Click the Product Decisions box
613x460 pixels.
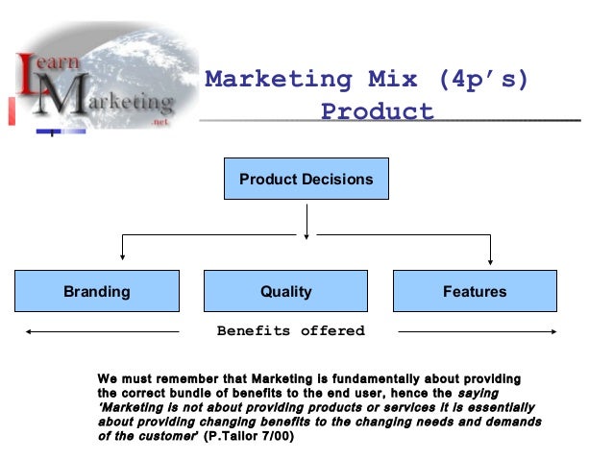click(306, 180)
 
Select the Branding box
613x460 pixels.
click(96, 291)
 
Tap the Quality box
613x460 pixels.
click(286, 291)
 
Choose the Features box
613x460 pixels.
click(475, 291)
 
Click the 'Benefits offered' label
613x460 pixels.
click(290, 331)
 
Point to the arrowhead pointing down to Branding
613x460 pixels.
click(123, 255)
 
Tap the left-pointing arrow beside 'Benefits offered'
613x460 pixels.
click(96, 332)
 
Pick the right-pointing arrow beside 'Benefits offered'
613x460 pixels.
click(480, 332)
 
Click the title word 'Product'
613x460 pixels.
click(377, 111)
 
